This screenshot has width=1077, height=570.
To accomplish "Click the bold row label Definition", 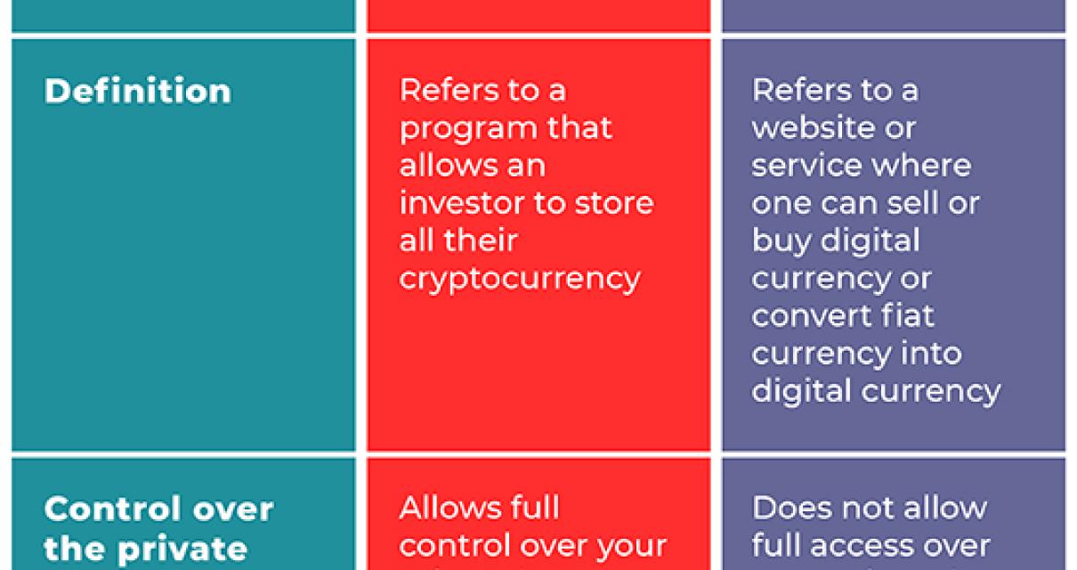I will pyautogui.click(x=137, y=91).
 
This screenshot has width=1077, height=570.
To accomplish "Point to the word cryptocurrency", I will pyautogui.click(x=520, y=279).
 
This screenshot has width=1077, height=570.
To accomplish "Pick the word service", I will pyautogui.click(x=806, y=166).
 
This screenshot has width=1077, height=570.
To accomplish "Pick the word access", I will pyautogui.click(x=875, y=545).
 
